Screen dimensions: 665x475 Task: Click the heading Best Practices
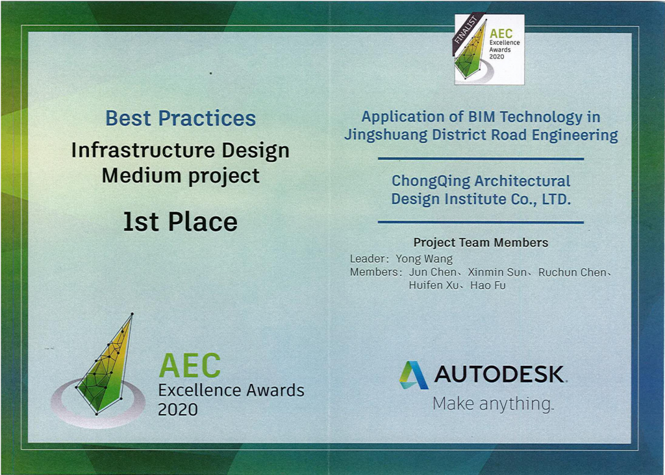pos(181,118)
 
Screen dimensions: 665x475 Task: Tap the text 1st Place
pos(181,222)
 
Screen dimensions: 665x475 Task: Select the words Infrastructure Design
pos(181,151)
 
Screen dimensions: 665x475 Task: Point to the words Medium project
pos(181,176)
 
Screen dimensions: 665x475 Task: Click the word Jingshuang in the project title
pos(386,135)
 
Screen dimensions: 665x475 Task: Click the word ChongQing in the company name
pos(431,182)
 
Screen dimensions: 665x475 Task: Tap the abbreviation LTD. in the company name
pos(556,199)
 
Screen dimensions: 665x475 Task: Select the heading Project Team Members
pos(481,242)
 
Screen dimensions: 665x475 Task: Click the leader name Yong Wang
pos(424,259)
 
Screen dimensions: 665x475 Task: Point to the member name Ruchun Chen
pos(572,272)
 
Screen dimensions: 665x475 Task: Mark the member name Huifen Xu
pos(433,285)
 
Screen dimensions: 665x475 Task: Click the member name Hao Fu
pos(488,285)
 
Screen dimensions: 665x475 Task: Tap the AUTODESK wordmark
pos(499,374)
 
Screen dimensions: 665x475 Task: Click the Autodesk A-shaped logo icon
pos(414,375)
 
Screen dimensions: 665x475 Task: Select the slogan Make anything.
pos(493,404)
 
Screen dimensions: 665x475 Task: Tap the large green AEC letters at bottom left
pos(190,365)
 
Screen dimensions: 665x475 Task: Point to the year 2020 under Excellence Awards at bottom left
pos(178,409)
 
